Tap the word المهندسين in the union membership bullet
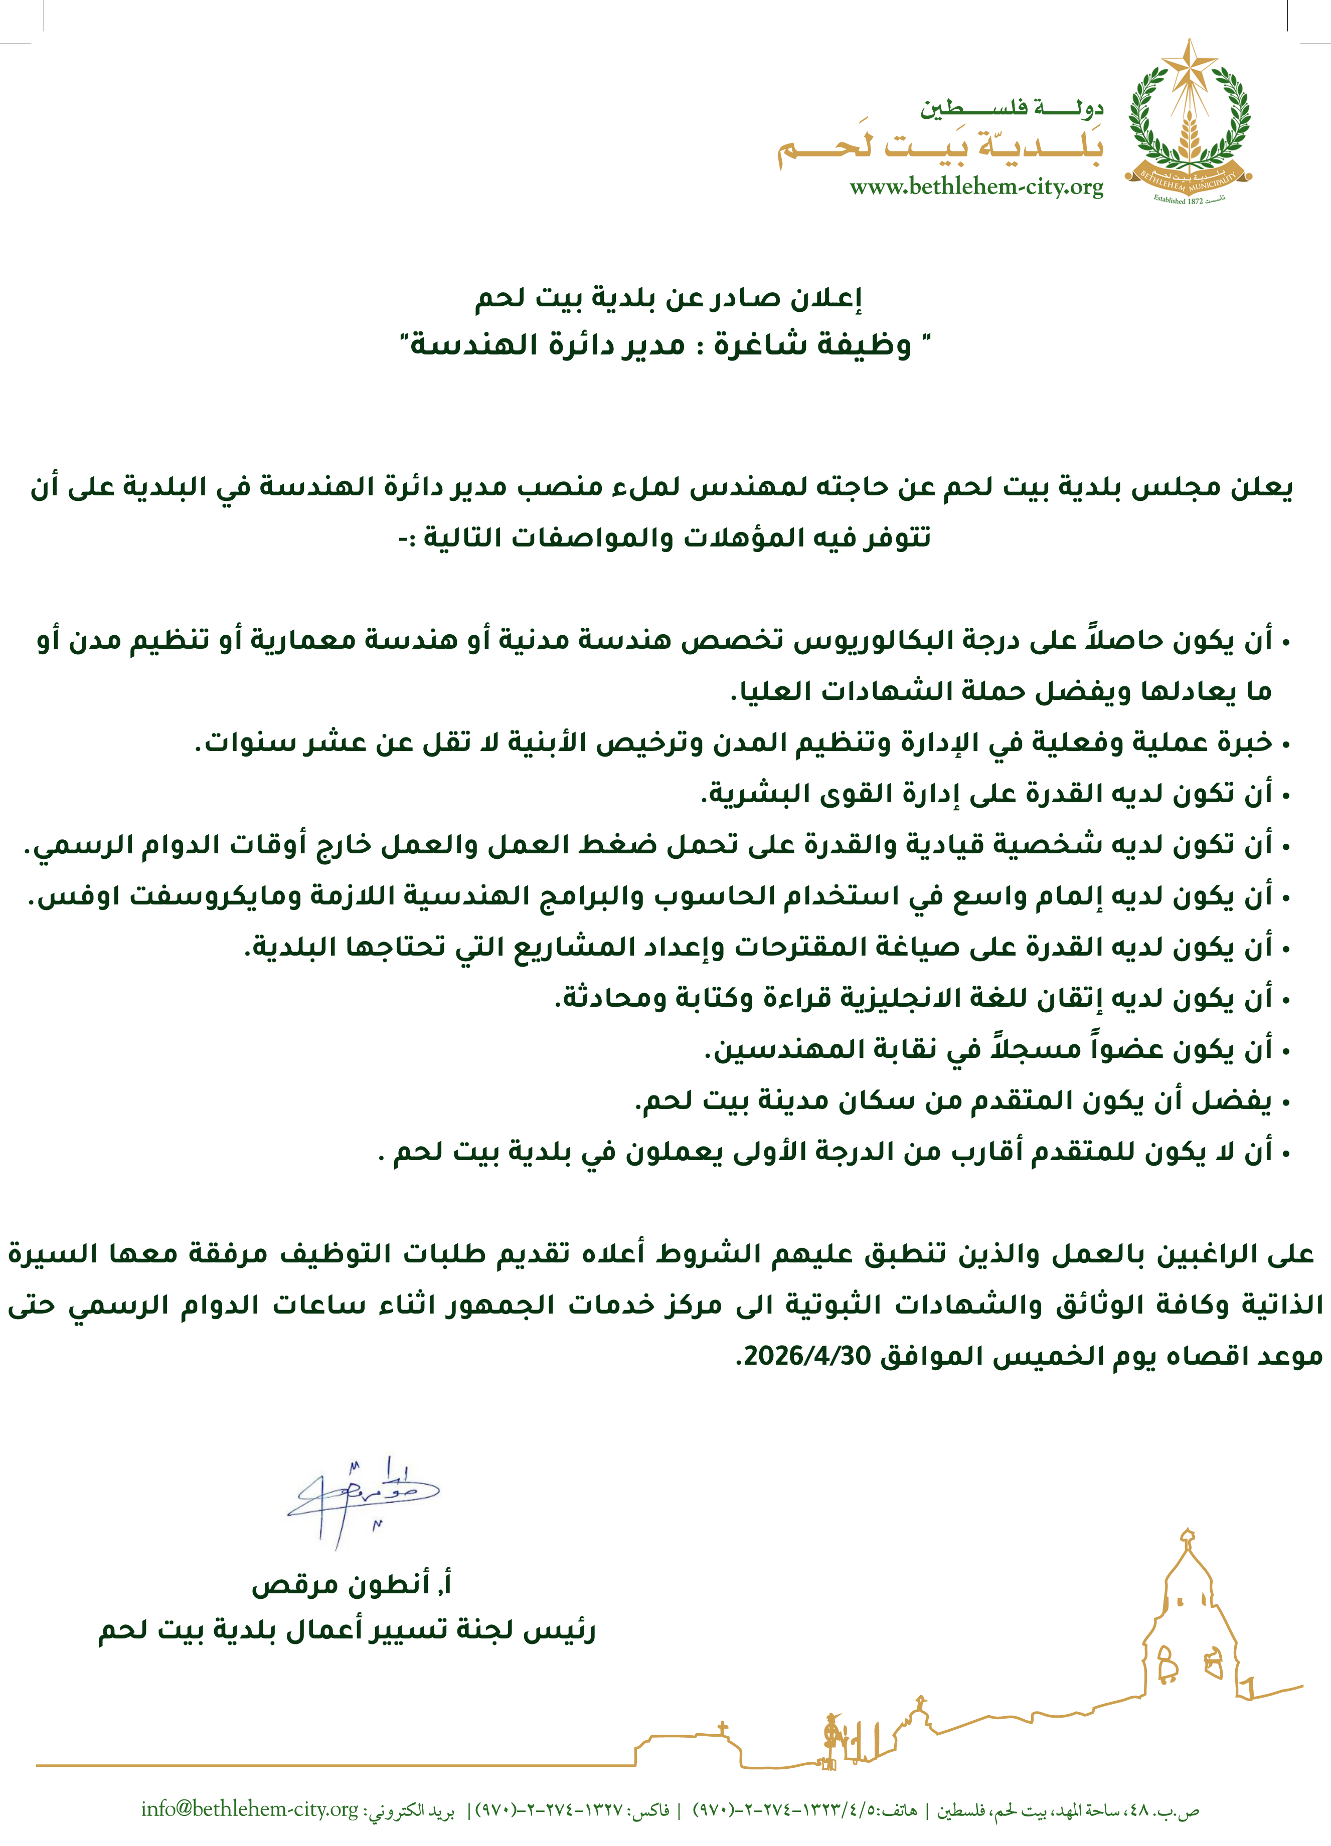pyautogui.click(x=769, y=1050)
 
